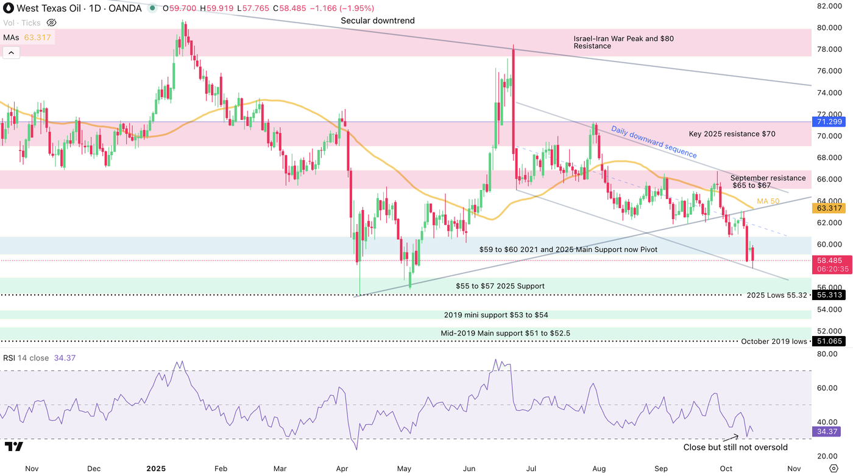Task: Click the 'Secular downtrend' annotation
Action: tap(378, 21)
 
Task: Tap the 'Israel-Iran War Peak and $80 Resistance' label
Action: tap(623, 42)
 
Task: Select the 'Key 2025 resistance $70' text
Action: tap(732, 134)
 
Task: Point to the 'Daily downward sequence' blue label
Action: tap(654, 142)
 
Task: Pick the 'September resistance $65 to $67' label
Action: tap(768, 181)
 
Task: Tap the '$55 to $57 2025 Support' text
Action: tap(500, 286)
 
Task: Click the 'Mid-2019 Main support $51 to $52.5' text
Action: tap(505, 334)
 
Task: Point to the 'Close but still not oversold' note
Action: tap(735, 447)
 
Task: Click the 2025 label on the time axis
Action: tap(157, 469)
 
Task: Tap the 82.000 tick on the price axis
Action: tap(829, 6)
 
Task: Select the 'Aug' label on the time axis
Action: tap(599, 469)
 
